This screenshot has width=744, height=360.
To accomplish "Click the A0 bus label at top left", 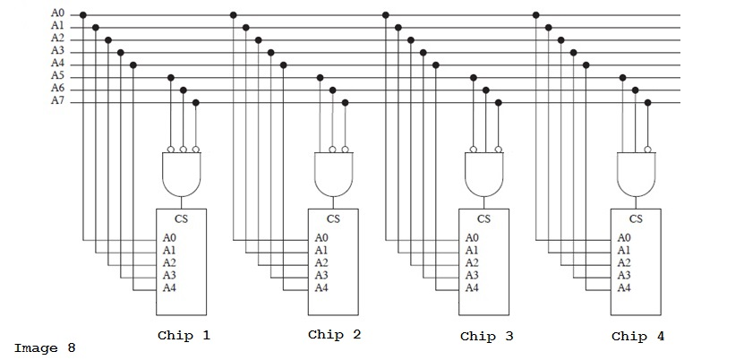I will pyautogui.click(x=57, y=14).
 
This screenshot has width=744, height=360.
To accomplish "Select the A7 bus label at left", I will pyautogui.click(x=57, y=102).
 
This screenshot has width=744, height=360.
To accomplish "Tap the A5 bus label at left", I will pyautogui.click(x=57, y=77).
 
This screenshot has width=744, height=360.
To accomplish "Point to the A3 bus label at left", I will pyautogui.click(x=57, y=52).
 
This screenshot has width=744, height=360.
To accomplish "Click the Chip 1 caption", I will pyautogui.click(x=184, y=336).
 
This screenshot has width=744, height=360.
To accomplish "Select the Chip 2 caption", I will pyautogui.click(x=335, y=335).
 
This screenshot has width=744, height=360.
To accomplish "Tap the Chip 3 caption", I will pyautogui.click(x=487, y=337).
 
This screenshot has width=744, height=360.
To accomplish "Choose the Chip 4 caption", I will pyautogui.click(x=638, y=337).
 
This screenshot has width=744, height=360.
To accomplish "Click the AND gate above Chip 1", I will pyautogui.click(x=183, y=174).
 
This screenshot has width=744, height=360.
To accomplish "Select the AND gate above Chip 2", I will pyautogui.click(x=334, y=174).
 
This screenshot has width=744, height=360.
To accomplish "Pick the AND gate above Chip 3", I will pyautogui.click(x=484, y=174).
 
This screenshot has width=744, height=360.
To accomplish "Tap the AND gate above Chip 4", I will pyautogui.click(x=637, y=174).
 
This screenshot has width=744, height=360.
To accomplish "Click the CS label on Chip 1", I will pyautogui.click(x=182, y=218).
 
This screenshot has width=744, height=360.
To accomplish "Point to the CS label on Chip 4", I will pyautogui.click(x=636, y=218).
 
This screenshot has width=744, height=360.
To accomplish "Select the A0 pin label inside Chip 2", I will pyautogui.click(x=321, y=238).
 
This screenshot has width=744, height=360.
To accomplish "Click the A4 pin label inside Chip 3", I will pyautogui.click(x=472, y=288).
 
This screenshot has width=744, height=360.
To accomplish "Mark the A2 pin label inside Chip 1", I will pyautogui.click(x=170, y=263).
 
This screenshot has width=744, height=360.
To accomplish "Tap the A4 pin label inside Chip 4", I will pyautogui.click(x=624, y=288).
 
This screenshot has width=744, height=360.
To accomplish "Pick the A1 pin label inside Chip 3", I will pyautogui.click(x=472, y=251).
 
